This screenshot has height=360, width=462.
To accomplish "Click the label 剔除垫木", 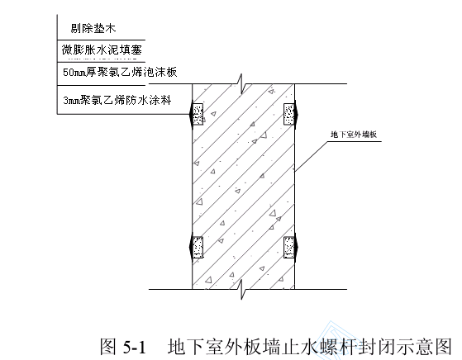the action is pyautogui.click(x=93, y=28).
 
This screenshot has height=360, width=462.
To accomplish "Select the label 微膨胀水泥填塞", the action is pyautogui.click(x=102, y=50).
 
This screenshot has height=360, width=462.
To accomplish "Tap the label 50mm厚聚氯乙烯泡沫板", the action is pyautogui.click(x=120, y=72).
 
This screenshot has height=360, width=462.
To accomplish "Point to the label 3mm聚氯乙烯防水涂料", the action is pyautogui.click(x=117, y=100).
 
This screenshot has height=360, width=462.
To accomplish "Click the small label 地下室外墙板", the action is pyautogui.click(x=354, y=135).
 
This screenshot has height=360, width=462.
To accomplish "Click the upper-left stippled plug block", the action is pyautogui.click(x=198, y=114).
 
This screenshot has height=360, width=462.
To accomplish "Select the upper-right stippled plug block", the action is pyautogui.click(x=288, y=114).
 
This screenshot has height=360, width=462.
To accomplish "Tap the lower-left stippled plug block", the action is pyautogui.click(x=198, y=247).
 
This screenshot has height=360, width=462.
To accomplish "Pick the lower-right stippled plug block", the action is pyautogui.click(x=288, y=247).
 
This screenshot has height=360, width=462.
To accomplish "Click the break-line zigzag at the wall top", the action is pyautogui.click(x=241, y=84).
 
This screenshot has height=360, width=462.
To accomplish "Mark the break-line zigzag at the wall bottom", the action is pyautogui.click(x=241, y=289).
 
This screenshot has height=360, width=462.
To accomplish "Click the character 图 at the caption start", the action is pyautogui.click(x=109, y=347).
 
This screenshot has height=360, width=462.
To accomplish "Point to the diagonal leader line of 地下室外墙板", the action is pyautogui.click(x=311, y=156).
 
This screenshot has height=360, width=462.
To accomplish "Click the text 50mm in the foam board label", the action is pyautogui.click(x=74, y=73).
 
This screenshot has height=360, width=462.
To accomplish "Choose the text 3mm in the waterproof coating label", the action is pyautogui.click(x=71, y=101).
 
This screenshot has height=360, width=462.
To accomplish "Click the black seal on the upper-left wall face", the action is pyautogui.click(x=191, y=114).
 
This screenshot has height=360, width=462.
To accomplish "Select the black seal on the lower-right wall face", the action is pyautogui.click(x=296, y=247).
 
